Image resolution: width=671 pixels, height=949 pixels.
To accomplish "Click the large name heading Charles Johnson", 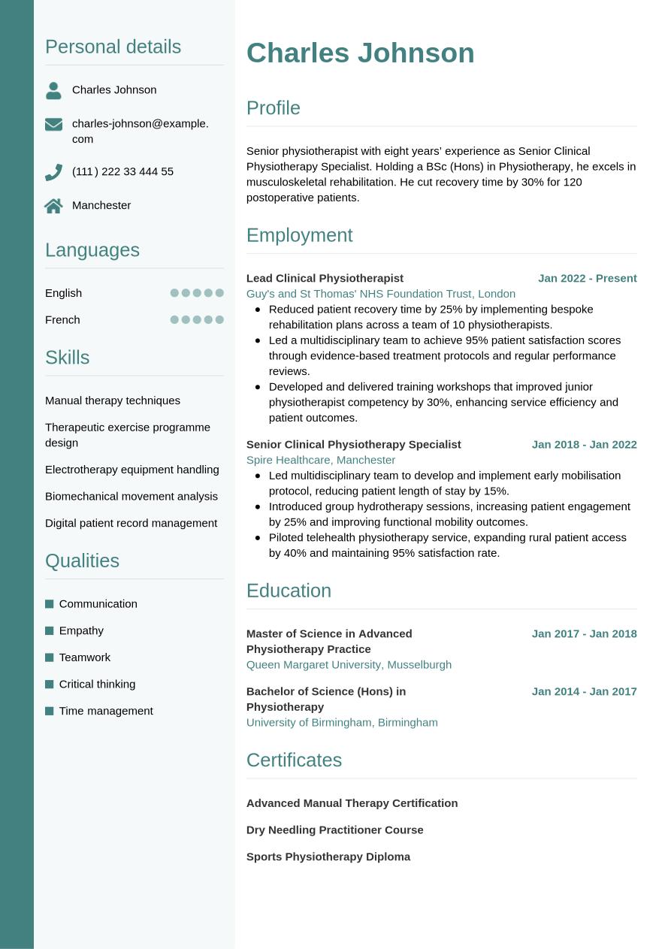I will coord(360,53).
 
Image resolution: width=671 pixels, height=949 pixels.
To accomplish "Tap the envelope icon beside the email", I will coord(53,124).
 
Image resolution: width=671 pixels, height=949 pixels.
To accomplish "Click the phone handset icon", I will coord(53,173).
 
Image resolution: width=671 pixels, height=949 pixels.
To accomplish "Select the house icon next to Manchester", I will coord(53,206).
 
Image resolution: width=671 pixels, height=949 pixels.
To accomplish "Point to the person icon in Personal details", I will coord(53,91).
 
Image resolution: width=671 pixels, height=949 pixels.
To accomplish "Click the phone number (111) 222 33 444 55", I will coord(122,171).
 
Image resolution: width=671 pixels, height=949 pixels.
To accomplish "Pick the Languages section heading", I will coord(92,250).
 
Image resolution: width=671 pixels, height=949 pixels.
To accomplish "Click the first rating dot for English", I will coord(174,293).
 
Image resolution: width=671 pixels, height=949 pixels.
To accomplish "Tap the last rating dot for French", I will coord(219,319).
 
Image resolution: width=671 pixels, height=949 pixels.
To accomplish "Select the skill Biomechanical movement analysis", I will coord(131,496).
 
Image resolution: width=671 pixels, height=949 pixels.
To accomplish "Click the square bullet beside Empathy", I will coord(50,630).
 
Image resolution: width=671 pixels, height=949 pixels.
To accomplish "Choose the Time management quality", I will coord(106,711).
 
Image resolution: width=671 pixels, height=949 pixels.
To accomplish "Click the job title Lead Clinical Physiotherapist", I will coord(325,278).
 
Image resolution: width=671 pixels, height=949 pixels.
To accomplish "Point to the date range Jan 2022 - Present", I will coord(587,278).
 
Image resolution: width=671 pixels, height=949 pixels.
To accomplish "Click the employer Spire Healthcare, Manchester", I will coord(321,460).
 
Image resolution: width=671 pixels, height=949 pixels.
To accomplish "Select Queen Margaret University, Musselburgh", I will coord(349,664).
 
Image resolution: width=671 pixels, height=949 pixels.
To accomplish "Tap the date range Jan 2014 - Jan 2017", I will coord(584,691).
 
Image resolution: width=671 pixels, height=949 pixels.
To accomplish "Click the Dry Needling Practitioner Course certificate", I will coord(334,830).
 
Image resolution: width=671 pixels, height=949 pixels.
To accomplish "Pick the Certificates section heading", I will coord(294,760).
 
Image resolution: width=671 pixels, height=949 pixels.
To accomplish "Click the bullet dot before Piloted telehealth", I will coord(258,537).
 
